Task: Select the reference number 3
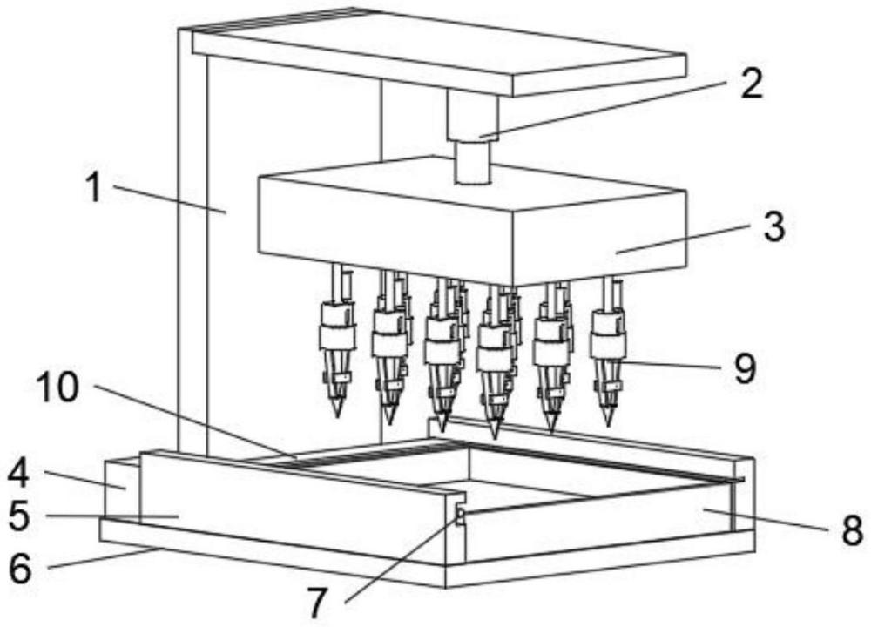(x=773, y=226)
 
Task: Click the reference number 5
(x=19, y=516)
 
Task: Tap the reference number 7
(x=317, y=603)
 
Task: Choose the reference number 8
(x=852, y=529)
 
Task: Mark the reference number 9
(x=745, y=367)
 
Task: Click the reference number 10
(x=57, y=387)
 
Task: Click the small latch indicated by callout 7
(x=459, y=516)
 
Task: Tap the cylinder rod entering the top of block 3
(x=473, y=162)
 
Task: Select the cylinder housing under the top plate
(x=473, y=115)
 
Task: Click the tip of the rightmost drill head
(x=609, y=425)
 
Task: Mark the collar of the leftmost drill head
(x=337, y=335)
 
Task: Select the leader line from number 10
(x=194, y=421)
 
